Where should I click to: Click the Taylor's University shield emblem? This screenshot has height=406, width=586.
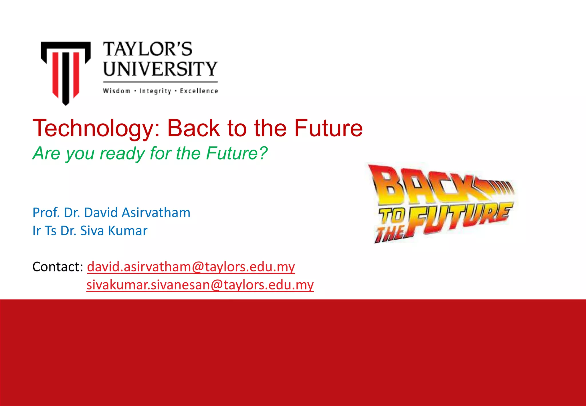(66, 72)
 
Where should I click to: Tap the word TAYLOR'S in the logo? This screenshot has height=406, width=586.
(148, 49)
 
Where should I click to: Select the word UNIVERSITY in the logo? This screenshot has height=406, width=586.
(160, 69)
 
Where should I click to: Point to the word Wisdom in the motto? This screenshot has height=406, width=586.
(117, 91)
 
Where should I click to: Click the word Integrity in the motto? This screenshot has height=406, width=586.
(155, 91)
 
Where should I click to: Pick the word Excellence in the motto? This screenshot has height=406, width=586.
(199, 91)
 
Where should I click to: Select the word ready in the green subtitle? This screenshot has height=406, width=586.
(122, 153)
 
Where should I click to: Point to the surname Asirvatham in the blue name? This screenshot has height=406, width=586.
(156, 213)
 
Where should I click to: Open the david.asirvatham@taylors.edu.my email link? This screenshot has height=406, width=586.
(191, 267)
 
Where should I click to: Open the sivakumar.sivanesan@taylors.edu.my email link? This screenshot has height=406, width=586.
(200, 285)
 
